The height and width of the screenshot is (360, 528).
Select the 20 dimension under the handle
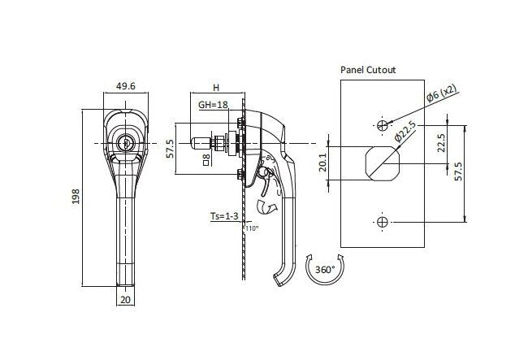click(x=125, y=298)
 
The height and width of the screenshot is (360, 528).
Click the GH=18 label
click(x=213, y=105)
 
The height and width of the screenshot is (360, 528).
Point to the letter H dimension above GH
click(x=215, y=87)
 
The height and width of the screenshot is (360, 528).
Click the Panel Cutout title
click(x=368, y=71)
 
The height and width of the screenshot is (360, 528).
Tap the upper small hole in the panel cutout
click(x=383, y=124)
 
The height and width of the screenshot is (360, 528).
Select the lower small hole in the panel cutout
click(x=383, y=221)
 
